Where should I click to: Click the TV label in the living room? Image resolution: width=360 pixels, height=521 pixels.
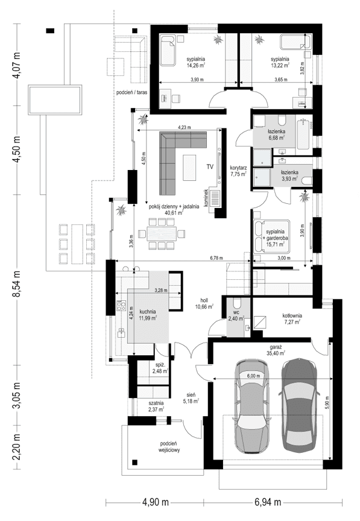tap(210, 166)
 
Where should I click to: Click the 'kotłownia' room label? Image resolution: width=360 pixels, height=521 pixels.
tap(291, 316)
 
